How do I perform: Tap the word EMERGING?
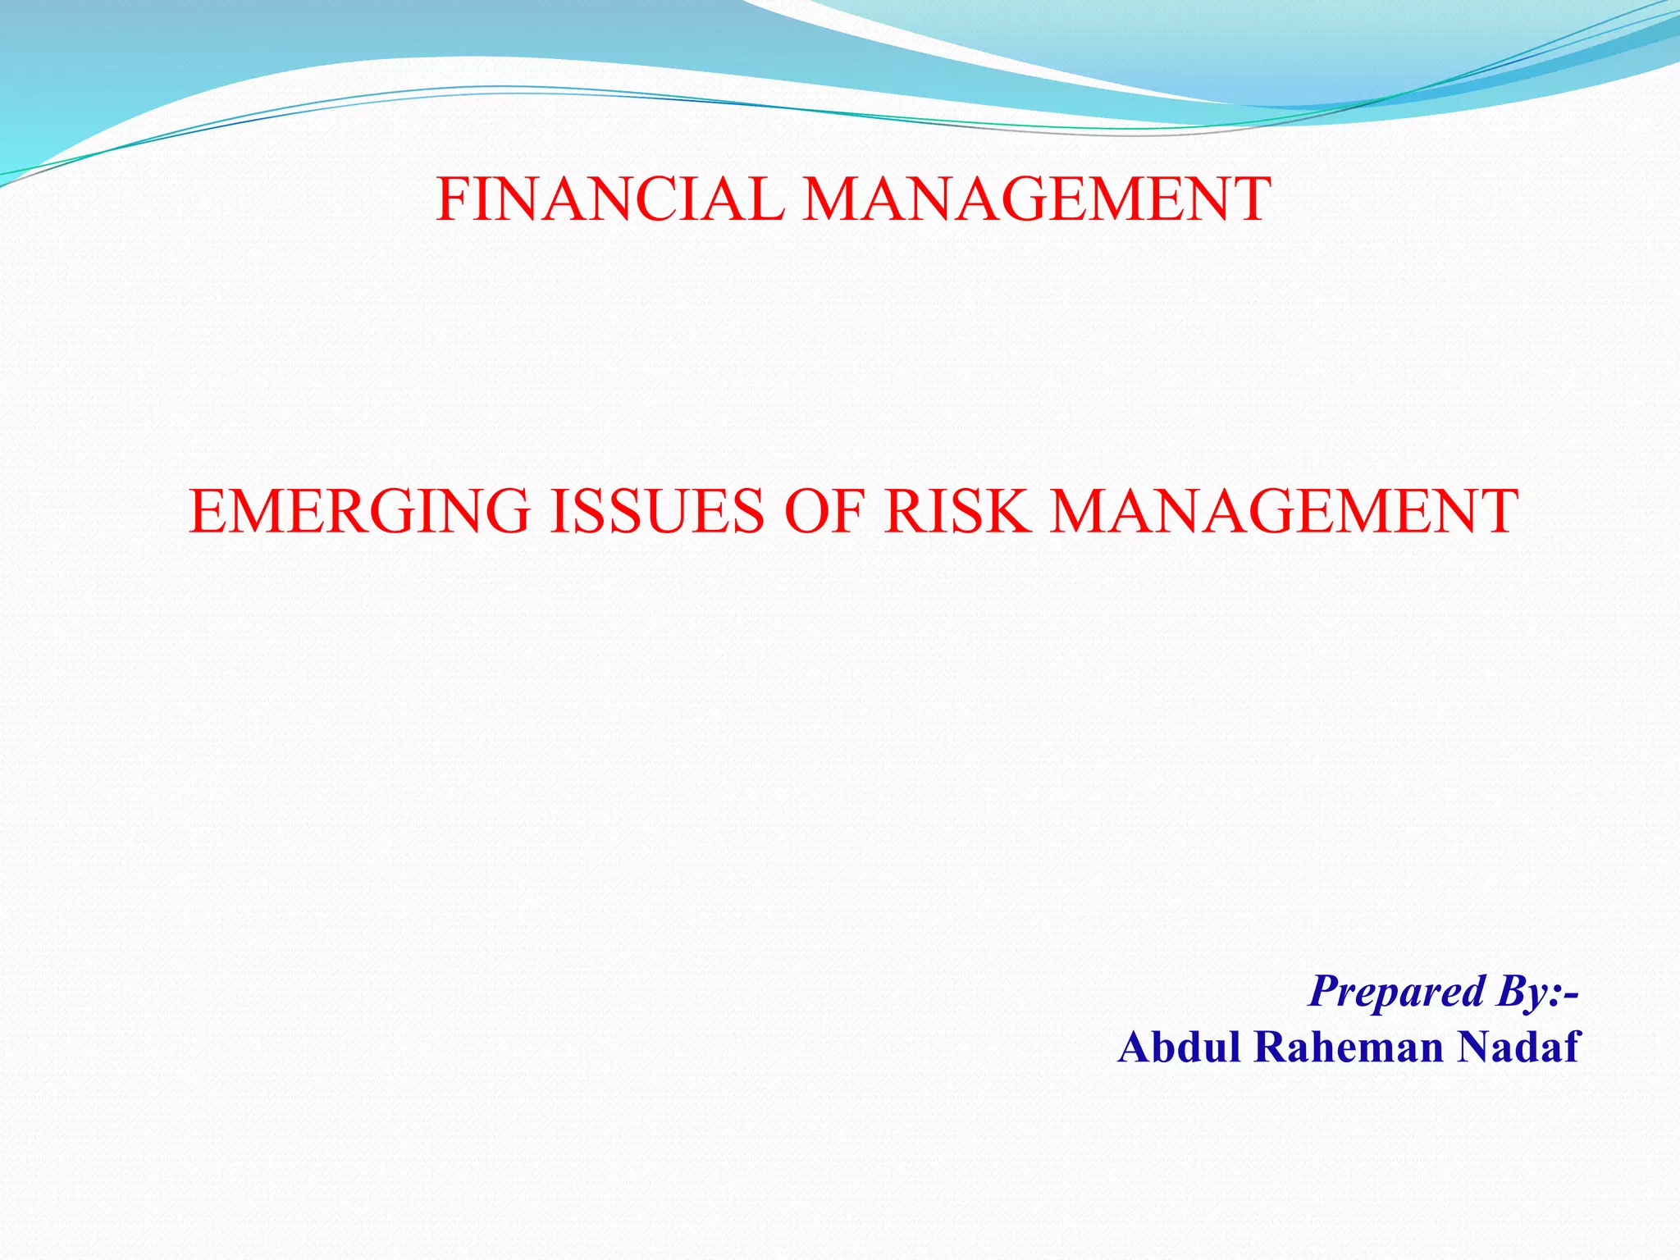click(359, 511)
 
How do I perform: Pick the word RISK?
click(956, 511)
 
